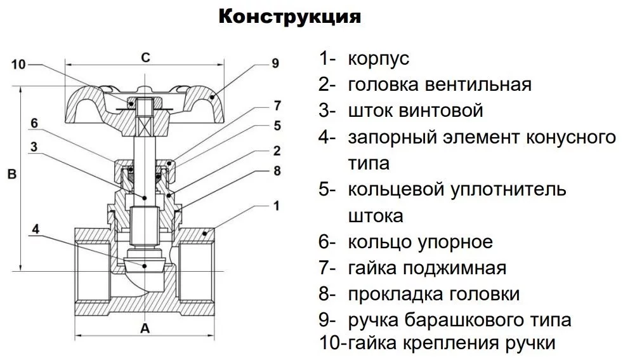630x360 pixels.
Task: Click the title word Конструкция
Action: point(290,17)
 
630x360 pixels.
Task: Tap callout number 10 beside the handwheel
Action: point(18,64)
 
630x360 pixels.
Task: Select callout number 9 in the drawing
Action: point(275,63)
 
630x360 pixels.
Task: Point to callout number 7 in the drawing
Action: point(277,105)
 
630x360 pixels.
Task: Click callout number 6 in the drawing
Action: point(34,123)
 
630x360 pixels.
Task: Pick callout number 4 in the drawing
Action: point(36,229)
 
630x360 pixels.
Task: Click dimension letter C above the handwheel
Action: point(145,57)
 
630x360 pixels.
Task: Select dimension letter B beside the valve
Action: point(12,174)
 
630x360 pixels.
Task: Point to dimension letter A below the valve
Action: point(145,328)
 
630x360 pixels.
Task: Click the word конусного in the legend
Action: point(571,137)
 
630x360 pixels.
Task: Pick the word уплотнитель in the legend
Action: point(509,189)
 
